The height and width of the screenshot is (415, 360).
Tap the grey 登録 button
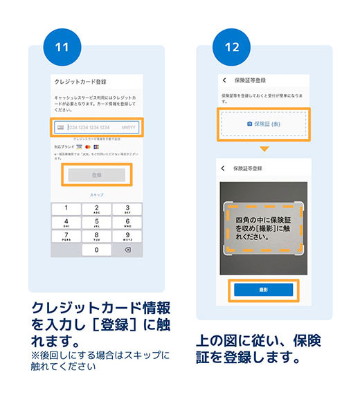(x=96, y=176)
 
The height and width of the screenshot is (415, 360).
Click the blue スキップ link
(x=96, y=195)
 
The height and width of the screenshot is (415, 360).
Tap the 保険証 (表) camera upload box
(x=264, y=124)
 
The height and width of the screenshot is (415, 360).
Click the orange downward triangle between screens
(x=264, y=149)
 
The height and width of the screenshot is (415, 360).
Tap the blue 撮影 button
(x=264, y=290)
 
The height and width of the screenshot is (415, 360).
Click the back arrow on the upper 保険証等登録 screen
(x=225, y=80)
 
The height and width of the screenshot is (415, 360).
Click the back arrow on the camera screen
(x=223, y=168)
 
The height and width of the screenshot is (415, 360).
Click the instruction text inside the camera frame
(x=264, y=228)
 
